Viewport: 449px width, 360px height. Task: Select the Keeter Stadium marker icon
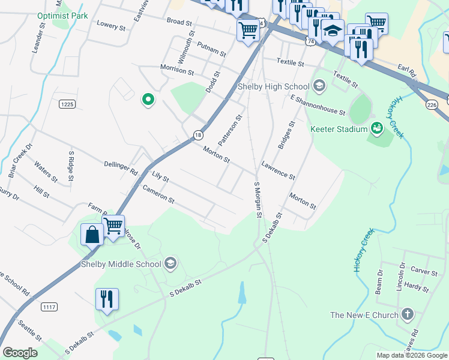376,127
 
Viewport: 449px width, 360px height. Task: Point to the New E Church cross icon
407,314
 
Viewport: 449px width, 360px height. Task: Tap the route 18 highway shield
197,135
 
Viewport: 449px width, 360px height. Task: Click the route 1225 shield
67,104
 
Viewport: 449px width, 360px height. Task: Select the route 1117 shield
50,307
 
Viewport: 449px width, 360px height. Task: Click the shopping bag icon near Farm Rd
92,234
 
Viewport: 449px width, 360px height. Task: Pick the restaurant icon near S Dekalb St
106,299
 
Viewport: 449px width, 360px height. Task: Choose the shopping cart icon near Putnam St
248,29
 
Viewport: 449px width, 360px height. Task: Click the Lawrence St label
278,170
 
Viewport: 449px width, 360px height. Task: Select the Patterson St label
229,130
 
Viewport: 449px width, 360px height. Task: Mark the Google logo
20,353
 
